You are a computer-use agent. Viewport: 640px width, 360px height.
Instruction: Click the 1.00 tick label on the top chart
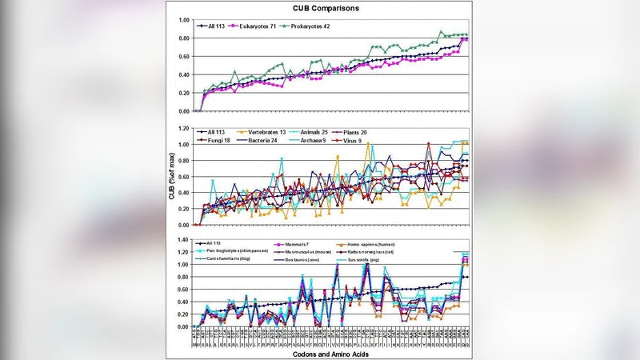tap(184, 20)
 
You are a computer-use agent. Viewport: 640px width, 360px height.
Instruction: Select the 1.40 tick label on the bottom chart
tap(184, 241)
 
